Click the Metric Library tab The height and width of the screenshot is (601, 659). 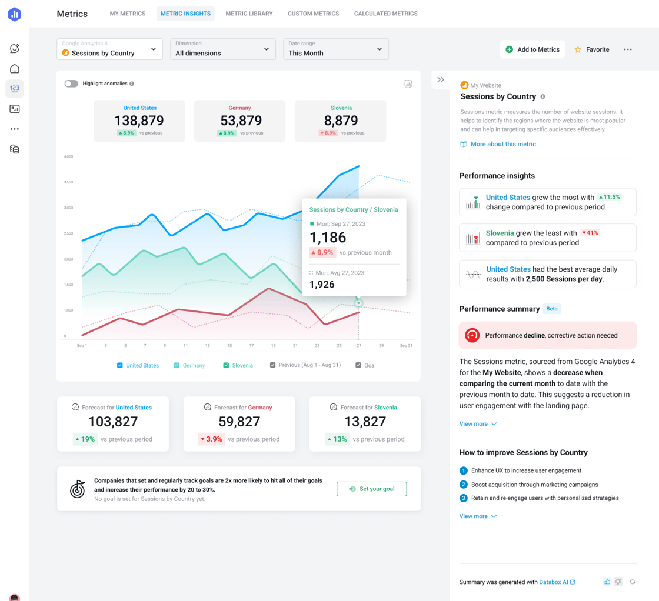[x=249, y=14]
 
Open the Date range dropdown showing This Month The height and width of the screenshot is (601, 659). [x=335, y=49]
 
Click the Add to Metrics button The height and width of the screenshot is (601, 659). [x=532, y=49]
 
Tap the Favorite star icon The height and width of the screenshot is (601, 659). [x=578, y=50]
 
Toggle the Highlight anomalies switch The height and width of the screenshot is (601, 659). [x=71, y=84]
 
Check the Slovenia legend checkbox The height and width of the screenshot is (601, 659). [x=226, y=365]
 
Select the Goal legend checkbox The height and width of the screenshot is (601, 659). [x=358, y=365]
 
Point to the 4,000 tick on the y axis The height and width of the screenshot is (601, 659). [x=68, y=157]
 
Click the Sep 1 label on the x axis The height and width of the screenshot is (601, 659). [x=82, y=346]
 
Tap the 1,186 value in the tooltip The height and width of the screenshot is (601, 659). [x=328, y=238]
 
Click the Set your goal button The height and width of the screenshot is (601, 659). [x=371, y=489]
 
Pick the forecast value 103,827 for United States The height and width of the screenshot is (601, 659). [x=113, y=422]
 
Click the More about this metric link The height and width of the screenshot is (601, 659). [x=503, y=144]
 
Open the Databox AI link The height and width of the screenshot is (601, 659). [x=554, y=582]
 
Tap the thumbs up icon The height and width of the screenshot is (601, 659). [x=607, y=582]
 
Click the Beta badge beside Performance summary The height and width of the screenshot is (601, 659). [x=551, y=309]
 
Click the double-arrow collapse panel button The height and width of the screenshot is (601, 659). [x=441, y=80]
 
